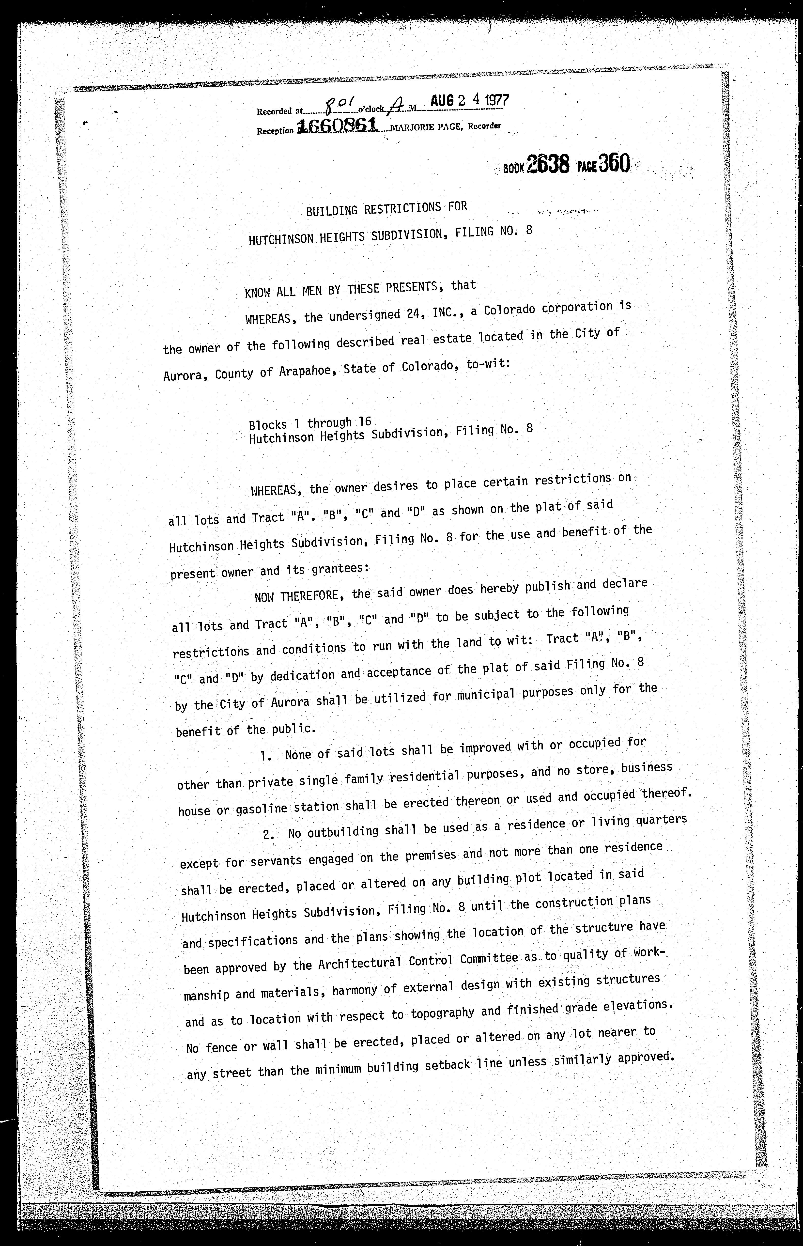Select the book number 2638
(547, 165)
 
